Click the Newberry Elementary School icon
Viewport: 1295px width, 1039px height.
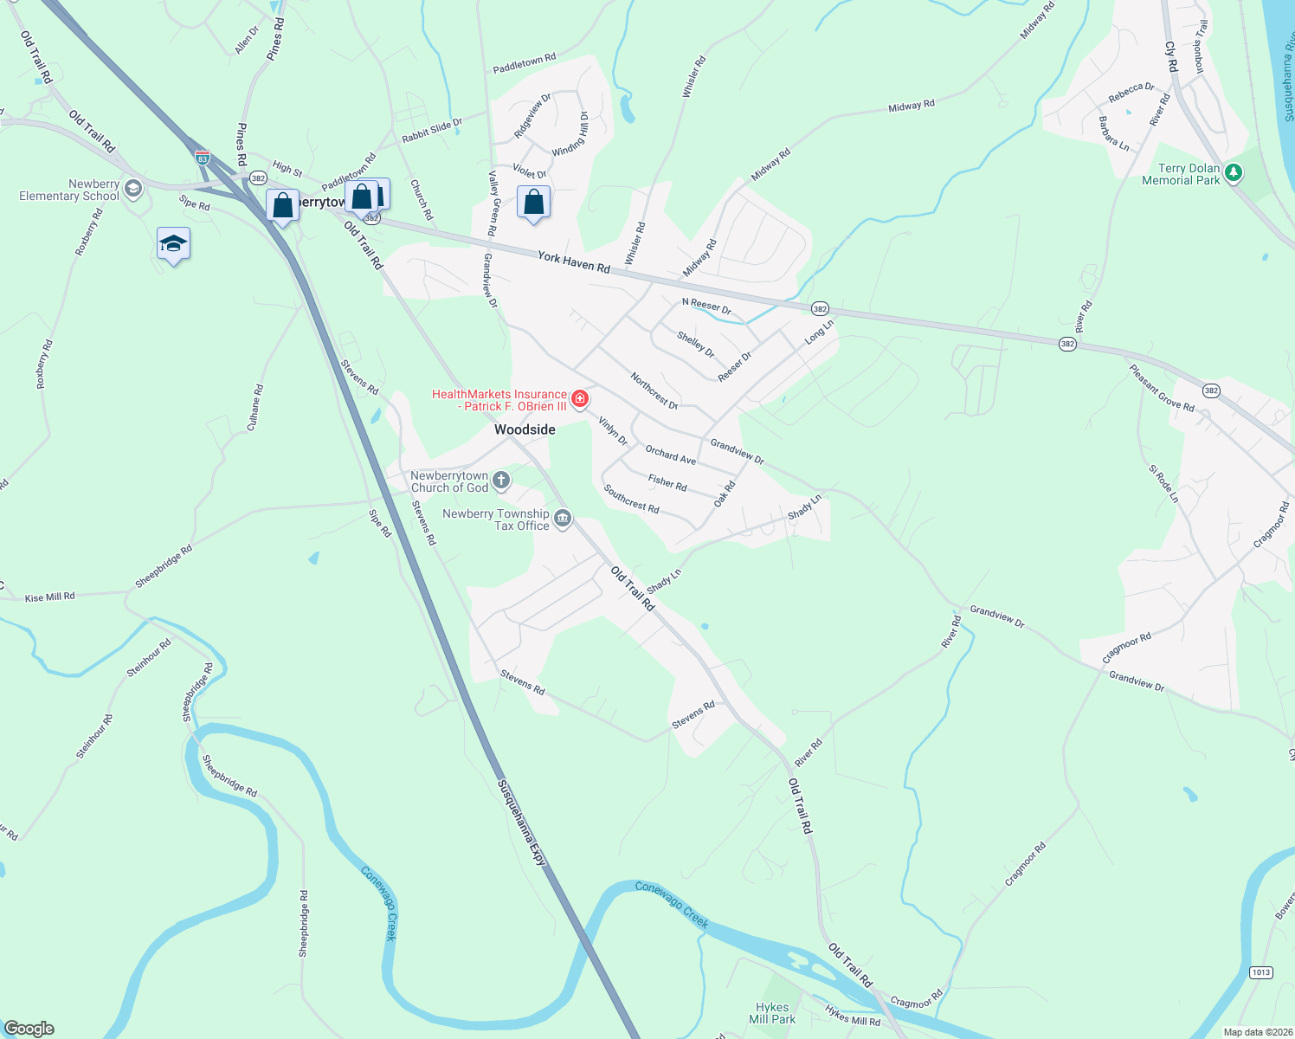click(132, 189)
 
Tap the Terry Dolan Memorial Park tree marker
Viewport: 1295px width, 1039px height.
click(1234, 173)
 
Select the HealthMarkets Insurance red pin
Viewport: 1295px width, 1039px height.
click(580, 399)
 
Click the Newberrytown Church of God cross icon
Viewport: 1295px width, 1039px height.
click(501, 481)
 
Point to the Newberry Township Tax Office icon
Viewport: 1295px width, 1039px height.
click(563, 519)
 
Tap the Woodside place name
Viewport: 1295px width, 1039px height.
click(525, 429)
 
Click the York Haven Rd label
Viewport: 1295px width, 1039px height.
click(573, 261)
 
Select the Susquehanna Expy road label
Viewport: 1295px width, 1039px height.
click(522, 823)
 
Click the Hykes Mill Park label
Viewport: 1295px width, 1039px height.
click(771, 1013)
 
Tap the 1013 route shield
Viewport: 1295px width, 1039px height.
click(1260, 972)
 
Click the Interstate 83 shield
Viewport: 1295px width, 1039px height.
click(202, 158)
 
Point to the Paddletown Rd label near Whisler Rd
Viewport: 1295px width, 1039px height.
click(524, 63)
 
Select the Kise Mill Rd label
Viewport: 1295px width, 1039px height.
click(49, 597)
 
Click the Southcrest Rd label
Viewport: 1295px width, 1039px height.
click(631, 499)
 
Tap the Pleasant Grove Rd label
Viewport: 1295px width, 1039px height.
click(1161, 388)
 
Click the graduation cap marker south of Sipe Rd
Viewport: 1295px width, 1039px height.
click(173, 245)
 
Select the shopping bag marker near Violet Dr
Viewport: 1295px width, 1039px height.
click(533, 203)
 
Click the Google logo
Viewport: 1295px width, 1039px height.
click(29, 1029)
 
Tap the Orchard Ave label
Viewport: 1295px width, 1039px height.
click(670, 455)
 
